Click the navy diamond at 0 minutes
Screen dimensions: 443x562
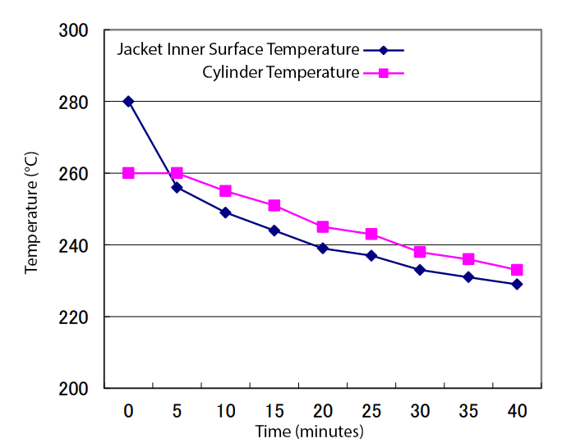tap(128, 102)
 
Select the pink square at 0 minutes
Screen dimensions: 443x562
tap(128, 173)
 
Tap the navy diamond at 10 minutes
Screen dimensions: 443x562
tap(225, 212)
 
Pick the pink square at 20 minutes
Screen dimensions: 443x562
tap(323, 226)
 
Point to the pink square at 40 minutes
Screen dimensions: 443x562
tap(517, 270)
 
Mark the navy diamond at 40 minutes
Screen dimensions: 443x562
tap(517, 284)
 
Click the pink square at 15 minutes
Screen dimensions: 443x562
tap(274, 205)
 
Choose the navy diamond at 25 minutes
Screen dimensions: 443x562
tap(371, 256)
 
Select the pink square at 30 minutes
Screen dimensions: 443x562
tap(420, 252)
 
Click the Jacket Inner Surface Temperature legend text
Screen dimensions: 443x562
tap(237, 49)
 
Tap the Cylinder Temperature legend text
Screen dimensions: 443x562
tap(281, 73)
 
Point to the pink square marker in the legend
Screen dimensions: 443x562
tap(383, 73)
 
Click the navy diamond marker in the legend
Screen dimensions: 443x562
tap(383, 49)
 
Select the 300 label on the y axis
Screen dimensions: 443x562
tap(74, 31)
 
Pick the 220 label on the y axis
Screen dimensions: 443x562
tap(74, 317)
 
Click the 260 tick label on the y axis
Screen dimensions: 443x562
tap(74, 174)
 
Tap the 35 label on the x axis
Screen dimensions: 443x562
tap(468, 410)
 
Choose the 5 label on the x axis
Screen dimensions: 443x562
tap(177, 410)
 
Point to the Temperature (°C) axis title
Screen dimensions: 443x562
tap(32, 212)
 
